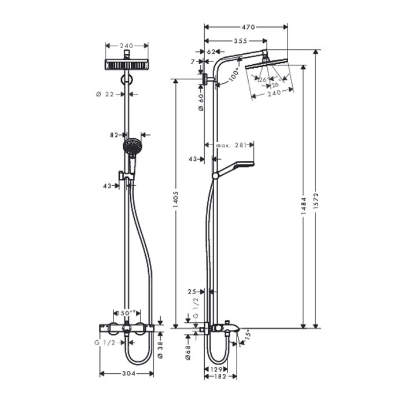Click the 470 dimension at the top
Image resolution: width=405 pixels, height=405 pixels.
[x=248, y=27]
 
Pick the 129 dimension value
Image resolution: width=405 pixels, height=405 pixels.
[x=216, y=369]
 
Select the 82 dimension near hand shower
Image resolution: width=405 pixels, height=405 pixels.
[x=114, y=134]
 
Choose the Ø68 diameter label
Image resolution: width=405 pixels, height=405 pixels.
[x=188, y=354]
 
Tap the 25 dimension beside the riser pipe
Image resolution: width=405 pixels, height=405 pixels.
[x=193, y=291]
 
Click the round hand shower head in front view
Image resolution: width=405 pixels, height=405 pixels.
[x=132, y=146]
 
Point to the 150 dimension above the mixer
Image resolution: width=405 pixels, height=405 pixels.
[x=126, y=313]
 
